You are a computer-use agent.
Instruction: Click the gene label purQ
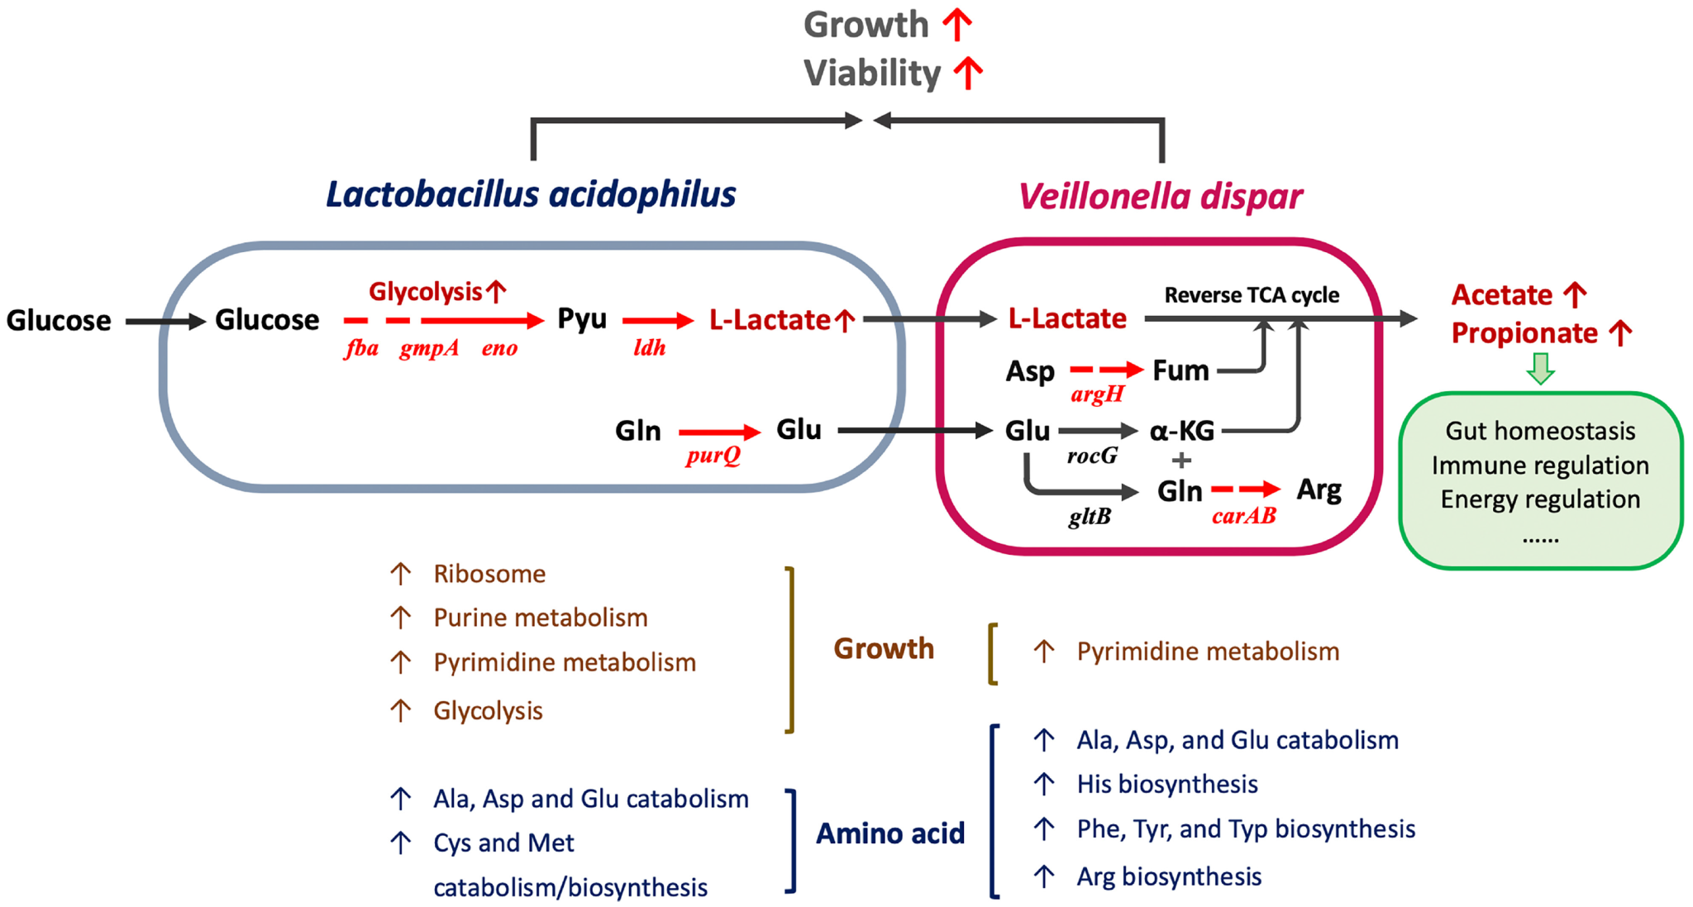click(713, 456)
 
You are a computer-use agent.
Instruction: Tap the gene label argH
click(1097, 394)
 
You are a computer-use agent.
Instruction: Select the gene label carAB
click(1243, 516)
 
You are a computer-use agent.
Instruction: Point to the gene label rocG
click(1092, 456)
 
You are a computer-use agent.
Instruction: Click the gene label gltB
click(1090, 517)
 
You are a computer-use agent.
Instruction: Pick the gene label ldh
click(649, 347)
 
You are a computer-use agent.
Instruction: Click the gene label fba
click(361, 347)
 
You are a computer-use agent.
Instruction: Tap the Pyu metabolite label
click(582, 319)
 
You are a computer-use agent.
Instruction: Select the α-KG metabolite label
click(1182, 431)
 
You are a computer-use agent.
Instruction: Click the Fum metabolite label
click(1180, 370)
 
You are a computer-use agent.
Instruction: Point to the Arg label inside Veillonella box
click(1319, 490)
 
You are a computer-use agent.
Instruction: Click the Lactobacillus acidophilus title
click(531, 195)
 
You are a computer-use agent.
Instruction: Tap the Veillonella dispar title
click(1160, 197)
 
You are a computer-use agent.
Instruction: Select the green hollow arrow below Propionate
click(1540, 369)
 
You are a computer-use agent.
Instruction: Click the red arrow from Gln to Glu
click(719, 432)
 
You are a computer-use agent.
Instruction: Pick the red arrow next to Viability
click(968, 73)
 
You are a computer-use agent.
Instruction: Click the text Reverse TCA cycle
click(1252, 295)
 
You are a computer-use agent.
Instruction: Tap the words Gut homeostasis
click(1540, 431)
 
